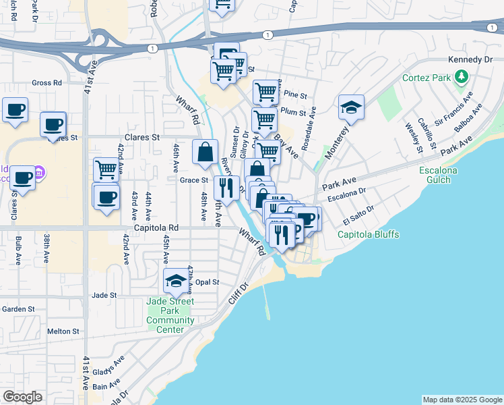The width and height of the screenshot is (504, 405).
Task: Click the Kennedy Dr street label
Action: [470, 60]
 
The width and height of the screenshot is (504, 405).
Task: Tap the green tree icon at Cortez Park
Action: [461, 78]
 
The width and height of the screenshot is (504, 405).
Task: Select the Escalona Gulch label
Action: [438, 175]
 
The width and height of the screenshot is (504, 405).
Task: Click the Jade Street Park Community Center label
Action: [170, 315]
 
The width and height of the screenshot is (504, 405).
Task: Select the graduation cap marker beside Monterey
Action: [350, 107]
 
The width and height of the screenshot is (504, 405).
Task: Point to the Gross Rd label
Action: [46, 83]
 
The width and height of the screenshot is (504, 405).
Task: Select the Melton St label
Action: [63, 331]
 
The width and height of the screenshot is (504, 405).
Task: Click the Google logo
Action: [22, 397]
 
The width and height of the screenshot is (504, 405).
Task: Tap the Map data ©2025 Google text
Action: [462, 400]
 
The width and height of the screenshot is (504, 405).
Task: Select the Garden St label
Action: [18, 309]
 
